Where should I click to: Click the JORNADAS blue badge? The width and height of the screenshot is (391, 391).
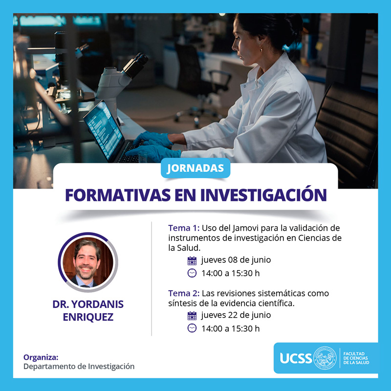(x=195, y=168)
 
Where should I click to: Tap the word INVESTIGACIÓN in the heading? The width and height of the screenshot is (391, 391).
(x=263, y=195)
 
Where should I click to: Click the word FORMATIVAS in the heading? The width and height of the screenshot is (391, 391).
(x=118, y=195)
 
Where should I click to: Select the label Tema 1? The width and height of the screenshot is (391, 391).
(x=184, y=228)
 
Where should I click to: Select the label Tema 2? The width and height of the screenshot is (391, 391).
(x=184, y=293)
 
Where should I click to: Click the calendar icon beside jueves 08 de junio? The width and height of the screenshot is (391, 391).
(x=192, y=261)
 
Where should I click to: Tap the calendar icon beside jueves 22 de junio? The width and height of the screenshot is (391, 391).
(x=192, y=316)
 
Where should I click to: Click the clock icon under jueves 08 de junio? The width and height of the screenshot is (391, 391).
(x=192, y=273)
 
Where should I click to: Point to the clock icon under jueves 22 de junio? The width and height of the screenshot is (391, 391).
(x=192, y=328)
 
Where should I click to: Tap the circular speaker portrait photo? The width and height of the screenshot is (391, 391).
(x=88, y=262)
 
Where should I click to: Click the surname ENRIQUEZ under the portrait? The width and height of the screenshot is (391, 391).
(x=88, y=317)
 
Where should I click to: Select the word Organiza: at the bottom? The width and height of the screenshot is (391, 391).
(x=41, y=358)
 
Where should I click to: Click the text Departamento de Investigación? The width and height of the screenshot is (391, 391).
(x=79, y=366)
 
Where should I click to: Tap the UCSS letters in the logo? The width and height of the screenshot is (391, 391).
(x=296, y=358)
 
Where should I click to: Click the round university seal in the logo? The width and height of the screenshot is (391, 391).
(x=325, y=358)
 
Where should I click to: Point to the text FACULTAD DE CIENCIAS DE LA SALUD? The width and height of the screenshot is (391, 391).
(x=356, y=358)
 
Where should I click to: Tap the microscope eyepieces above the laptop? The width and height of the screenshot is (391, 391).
(x=136, y=65)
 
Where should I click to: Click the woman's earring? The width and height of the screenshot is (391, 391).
(x=261, y=50)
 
